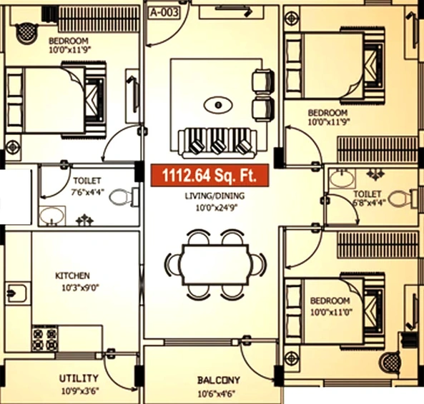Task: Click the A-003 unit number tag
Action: [164, 13]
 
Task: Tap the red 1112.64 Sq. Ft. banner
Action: [210, 176]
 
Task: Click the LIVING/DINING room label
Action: [215, 196]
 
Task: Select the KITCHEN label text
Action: [72, 276]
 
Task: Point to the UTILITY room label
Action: [79, 378]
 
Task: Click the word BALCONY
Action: [219, 380]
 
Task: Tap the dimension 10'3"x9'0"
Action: [81, 288]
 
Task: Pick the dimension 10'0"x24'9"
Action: [217, 208]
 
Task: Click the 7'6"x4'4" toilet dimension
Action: [88, 193]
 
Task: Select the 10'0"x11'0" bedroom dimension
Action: [331, 313]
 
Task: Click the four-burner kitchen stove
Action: [44, 338]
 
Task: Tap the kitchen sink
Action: [16, 293]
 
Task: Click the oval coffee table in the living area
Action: [217, 105]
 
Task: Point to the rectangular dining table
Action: [215, 264]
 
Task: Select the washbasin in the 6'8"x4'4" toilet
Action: [342, 178]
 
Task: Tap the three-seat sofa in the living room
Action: [217, 143]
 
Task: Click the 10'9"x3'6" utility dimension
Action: [80, 390]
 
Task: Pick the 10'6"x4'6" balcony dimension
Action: [216, 394]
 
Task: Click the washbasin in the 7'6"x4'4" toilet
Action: [52, 216]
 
